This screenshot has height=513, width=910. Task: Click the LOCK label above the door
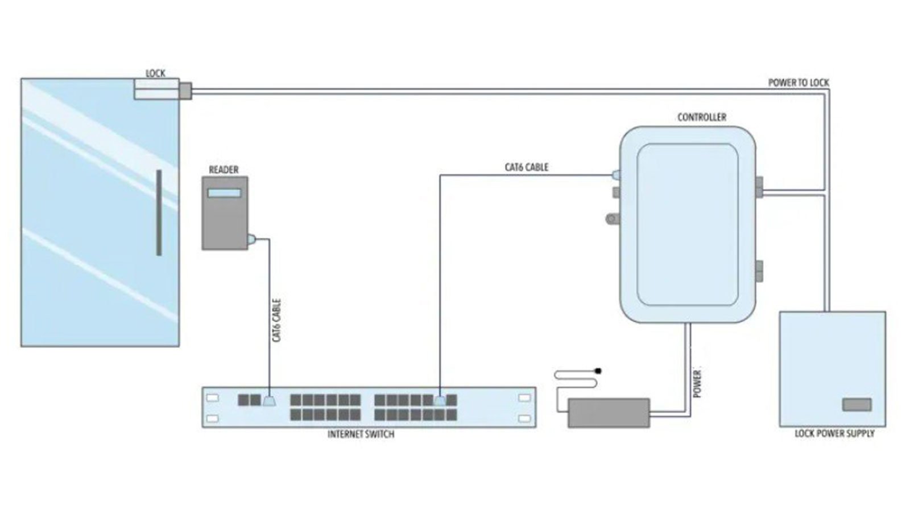pyautogui.click(x=155, y=73)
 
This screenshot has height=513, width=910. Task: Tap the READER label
pyautogui.click(x=224, y=170)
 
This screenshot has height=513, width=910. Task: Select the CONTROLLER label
pyautogui.click(x=701, y=117)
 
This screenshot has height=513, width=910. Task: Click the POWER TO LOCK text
pyautogui.click(x=799, y=83)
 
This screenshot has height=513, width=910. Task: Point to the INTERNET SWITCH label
pyautogui.click(x=361, y=434)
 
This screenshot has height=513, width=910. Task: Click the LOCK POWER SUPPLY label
pyautogui.click(x=834, y=434)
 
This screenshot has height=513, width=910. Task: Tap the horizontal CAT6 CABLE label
pyautogui.click(x=527, y=167)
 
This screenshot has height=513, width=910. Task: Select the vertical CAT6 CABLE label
pyautogui.click(x=277, y=321)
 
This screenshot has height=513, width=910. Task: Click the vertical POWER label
pyautogui.click(x=697, y=384)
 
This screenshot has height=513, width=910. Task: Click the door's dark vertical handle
pyautogui.click(x=159, y=212)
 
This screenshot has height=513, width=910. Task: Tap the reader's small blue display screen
pyautogui.click(x=224, y=193)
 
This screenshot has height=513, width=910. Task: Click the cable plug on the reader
pyautogui.click(x=251, y=240)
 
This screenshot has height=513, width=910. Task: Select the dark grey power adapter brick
pyautogui.click(x=609, y=413)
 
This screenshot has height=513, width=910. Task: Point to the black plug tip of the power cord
pyautogui.click(x=598, y=371)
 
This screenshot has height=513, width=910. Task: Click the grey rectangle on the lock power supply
pyautogui.click(x=857, y=405)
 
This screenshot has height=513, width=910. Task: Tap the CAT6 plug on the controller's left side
pyautogui.click(x=615, y=175)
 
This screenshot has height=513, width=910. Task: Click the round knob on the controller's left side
pyautogui.click(x=612, y=218)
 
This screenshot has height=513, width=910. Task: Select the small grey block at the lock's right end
pyautogui.click(x=186, y=90)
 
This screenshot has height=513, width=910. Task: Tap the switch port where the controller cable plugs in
pyautogui.click(x=440, y=400)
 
